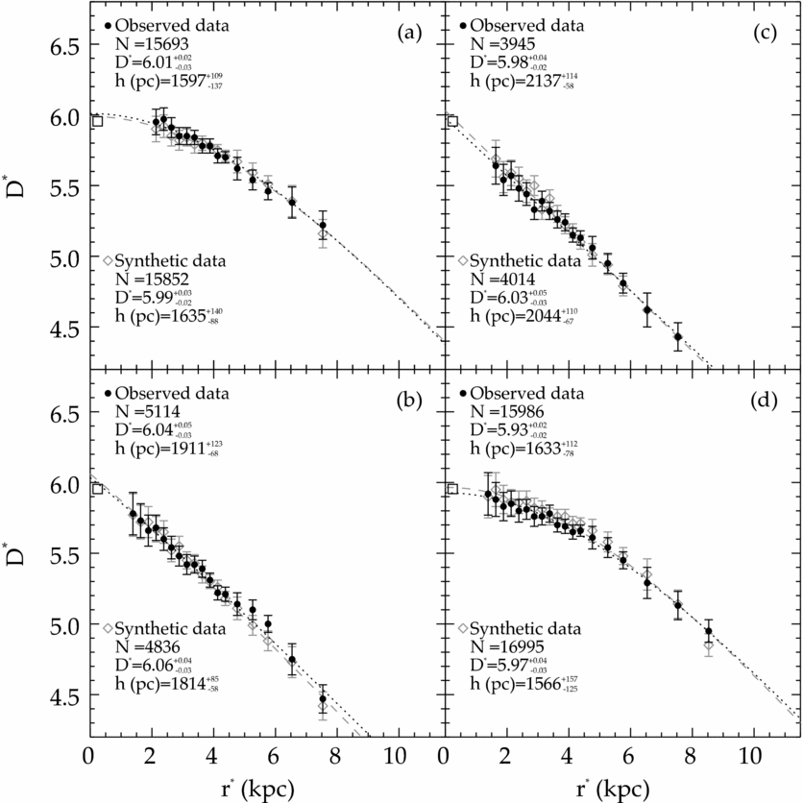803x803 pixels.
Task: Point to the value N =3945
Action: pos(508,44)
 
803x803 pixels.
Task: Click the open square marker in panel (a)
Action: pos(96,121)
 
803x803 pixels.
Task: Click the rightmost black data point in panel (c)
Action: pos(678,337)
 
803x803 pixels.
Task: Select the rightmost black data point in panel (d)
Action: pos(709,632)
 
